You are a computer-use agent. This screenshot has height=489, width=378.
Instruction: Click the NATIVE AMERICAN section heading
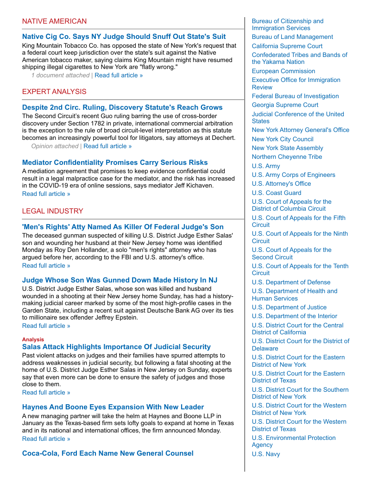(x=54, y=21)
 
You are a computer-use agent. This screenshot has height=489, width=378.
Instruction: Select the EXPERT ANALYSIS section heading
(x=54, y=92)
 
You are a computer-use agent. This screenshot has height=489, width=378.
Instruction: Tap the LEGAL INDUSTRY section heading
(x=52, y=211)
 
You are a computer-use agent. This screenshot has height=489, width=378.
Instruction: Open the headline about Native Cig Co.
(x=124, y=37)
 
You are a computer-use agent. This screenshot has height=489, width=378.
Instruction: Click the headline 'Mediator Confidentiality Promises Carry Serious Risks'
(x=115, y=163)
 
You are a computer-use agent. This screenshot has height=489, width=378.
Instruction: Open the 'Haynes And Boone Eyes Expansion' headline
(x=113, y=407)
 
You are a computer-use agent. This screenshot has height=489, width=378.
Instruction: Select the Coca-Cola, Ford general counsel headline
(x=108, y=453)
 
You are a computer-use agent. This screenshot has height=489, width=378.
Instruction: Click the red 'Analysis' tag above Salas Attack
(x=33, y=339)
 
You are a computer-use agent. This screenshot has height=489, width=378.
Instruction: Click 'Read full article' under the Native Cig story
(x=119, y=75)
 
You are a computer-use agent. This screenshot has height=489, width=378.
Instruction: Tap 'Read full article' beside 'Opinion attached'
(x=107, y=146)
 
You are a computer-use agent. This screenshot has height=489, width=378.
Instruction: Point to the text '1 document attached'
(x=60, y=75)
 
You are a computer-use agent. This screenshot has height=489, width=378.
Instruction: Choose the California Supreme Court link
(x=287, y=46)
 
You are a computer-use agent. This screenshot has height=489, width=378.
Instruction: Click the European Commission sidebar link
(x=283, y=71)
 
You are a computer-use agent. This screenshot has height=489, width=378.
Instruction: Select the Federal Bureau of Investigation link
(x=295, y=96)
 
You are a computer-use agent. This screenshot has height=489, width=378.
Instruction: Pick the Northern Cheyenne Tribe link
(x=287, y=157)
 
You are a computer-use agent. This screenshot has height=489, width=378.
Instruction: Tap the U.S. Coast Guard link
(x=277, y=193)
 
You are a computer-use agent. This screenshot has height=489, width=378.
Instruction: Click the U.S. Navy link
(x=266, y=454)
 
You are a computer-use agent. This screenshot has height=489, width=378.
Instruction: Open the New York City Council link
(x=283, y=139)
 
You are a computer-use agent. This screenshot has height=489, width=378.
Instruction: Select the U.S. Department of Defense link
(x=291, y=282)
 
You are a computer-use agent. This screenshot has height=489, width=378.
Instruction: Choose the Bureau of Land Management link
(x=292, y=37)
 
